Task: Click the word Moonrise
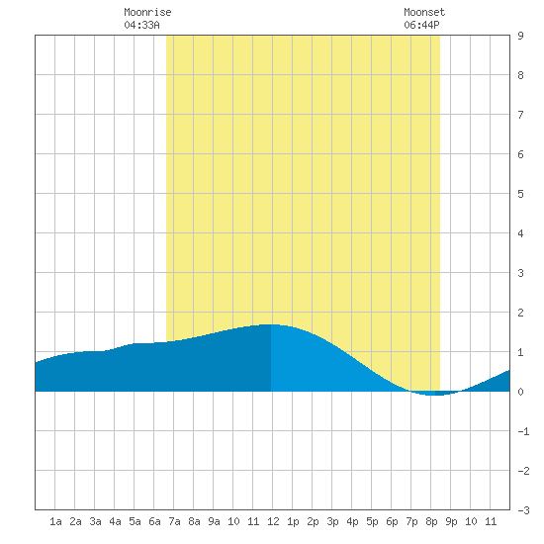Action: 147,12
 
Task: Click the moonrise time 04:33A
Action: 141,25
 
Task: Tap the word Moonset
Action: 424,12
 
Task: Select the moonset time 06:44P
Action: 421,25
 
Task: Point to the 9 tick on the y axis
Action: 520,36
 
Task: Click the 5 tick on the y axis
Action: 520,194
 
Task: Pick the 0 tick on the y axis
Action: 520,392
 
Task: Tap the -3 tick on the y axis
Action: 523,510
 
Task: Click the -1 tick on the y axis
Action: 523,431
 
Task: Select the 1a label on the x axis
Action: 55,521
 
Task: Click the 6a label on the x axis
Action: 154,521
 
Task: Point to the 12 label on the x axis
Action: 273,521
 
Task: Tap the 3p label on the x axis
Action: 332,521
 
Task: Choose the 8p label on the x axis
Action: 431,521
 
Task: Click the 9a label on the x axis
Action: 214,521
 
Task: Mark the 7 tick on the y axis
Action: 520,115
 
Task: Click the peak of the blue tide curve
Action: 271,324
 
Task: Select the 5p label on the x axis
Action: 372,521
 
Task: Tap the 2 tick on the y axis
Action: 520,313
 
